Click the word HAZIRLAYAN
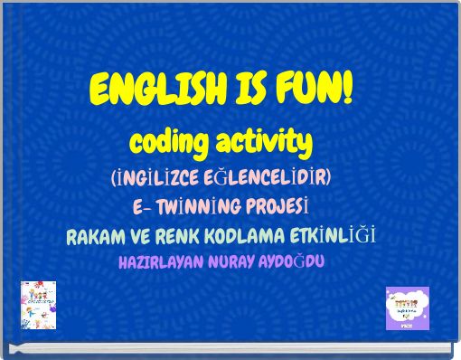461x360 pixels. click(x=156, y=262)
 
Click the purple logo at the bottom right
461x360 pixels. click(x=408, y=308)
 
